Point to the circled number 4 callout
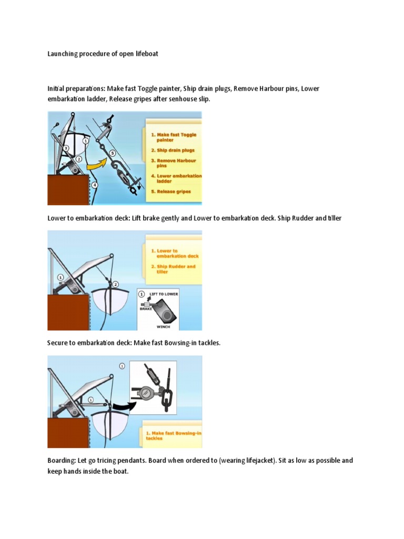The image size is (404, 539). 94,185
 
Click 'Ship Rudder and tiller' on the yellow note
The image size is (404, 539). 175,269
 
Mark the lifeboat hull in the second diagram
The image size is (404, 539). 113,303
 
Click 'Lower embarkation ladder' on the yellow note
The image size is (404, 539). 176,178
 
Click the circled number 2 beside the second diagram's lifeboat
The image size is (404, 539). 115,284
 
